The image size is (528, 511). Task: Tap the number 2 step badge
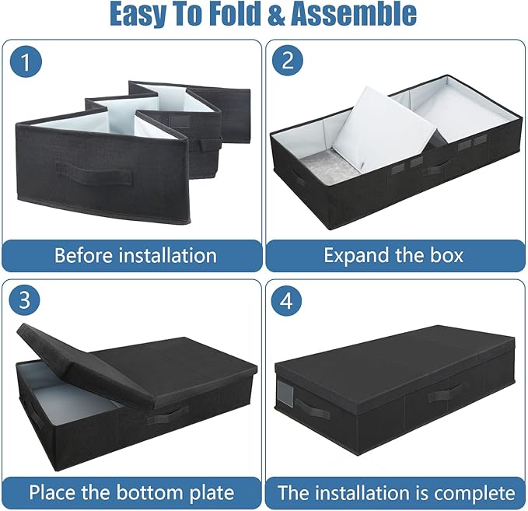pos(287,61)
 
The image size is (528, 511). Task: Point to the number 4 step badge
pos(287,301)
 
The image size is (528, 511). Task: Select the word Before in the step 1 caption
pos(83,254)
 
